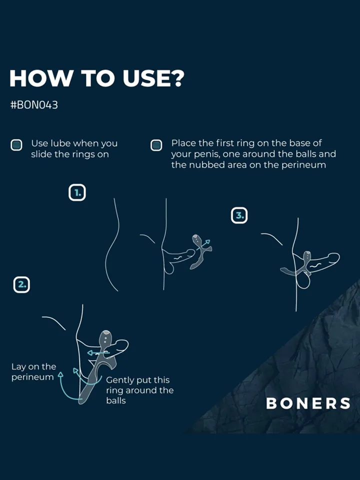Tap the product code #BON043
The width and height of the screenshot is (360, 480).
coord(34,105)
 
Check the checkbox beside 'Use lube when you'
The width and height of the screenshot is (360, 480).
coord(16,145)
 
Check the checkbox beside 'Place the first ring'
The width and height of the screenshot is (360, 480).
coord(156,145)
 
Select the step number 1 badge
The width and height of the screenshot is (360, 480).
coord(77,192)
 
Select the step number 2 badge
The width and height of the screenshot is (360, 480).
coord(21,284)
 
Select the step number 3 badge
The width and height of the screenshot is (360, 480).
coord(239,215)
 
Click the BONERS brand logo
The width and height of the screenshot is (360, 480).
coord(308,403)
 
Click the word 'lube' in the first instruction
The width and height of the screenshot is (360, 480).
coord(60,143)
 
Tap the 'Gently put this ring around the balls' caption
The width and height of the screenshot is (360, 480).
coord(139,390)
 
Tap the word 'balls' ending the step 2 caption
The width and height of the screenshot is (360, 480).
coord(116,401)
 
